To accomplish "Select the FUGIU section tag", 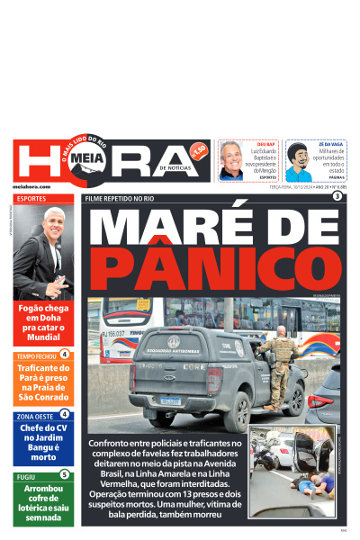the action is (26, 476).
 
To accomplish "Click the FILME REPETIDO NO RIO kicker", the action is (120, 198).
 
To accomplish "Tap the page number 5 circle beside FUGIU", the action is (64, 474).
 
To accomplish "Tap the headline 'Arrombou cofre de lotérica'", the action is (43, 503).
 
